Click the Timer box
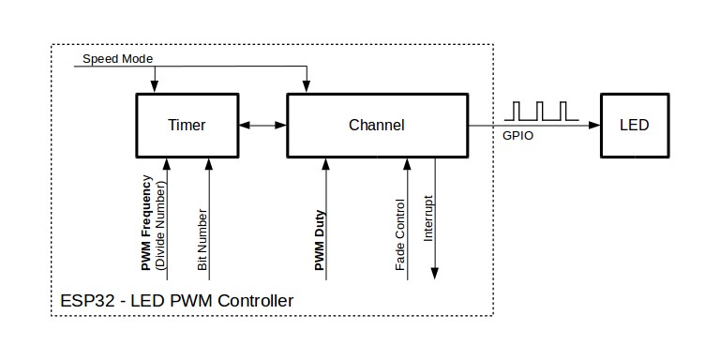tap(187, 126)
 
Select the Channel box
tap(378, 126)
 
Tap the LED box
tap(635, 126)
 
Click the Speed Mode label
tap(117, 59)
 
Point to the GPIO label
tap(517, 136)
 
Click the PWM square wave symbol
tap(541, 112)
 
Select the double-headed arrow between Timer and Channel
tap(262, 125)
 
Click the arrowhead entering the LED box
tap(594, 125)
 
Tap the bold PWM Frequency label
tap(146, 223)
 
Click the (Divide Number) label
tap(159, 224)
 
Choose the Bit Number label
tap(202, 240)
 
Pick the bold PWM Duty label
tap(320, 240)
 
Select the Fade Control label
tap(400, 234)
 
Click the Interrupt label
tap(427, 218)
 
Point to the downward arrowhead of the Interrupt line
tap(435, 273)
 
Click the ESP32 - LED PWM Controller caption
tap(177, 301)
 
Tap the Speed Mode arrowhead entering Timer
tap(155, 87)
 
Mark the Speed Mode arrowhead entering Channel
tap(307, 87)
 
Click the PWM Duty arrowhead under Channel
tap(326, 164)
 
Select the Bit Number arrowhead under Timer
tap(209, 164)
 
